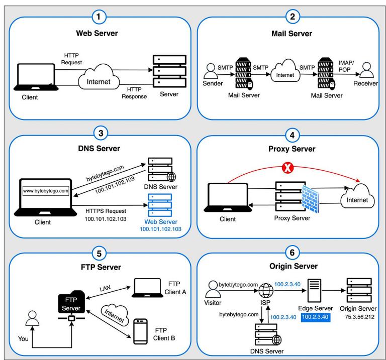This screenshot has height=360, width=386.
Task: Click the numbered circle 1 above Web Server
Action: (99, 17)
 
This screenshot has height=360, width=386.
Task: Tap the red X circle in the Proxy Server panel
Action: (287, 168)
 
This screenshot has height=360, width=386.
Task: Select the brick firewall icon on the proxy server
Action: (310, 199)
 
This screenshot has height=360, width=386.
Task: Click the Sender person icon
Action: (211, 71)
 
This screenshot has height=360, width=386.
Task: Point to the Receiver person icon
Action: (366, 70)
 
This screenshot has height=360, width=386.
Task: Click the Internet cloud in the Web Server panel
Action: (99, 77)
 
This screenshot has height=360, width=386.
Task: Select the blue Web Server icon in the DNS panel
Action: (160, 205)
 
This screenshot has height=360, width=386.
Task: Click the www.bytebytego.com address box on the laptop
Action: (46, 191)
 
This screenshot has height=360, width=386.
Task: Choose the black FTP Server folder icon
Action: (71, 302)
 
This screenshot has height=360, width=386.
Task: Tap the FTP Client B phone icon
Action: (140, 331)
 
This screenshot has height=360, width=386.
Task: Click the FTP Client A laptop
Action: (147, 288)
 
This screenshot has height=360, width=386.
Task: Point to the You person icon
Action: (32, 318)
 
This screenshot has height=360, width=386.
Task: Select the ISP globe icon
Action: (266, 290)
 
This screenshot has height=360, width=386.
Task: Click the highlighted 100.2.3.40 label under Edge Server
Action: (315, 317)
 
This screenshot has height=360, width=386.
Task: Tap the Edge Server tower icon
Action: (314, 290)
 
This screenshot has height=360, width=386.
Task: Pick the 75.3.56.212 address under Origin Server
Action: (359, 317)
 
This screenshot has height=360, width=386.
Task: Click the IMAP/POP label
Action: (346, 66)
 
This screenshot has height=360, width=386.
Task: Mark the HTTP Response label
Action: (134, 93)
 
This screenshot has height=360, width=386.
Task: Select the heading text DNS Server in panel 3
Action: (99, 149)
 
